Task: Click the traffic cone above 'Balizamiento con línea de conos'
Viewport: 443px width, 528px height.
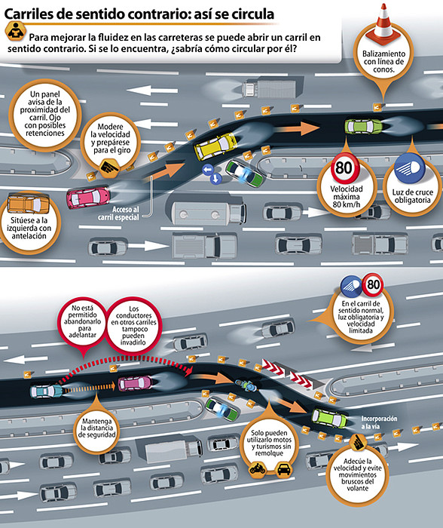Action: (x=383, y=23)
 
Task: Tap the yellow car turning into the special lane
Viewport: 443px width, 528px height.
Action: (x=215, y=146)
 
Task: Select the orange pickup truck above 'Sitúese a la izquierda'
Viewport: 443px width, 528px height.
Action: (x=29, y=204)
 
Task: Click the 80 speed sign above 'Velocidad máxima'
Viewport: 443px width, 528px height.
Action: (x=344, y=167)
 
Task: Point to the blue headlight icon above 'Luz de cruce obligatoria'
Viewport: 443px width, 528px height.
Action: (x=410, y=168)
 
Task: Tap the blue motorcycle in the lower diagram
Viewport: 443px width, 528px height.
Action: (x=246, y=385)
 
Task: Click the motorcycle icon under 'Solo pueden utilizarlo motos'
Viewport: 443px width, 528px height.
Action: (x=258, y=468)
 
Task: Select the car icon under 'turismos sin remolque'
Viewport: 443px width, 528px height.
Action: (x=283, y=468)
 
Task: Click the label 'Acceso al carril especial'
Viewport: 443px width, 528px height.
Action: (x=118, y=213)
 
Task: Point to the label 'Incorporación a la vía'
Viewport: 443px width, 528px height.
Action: (x=379, y=422)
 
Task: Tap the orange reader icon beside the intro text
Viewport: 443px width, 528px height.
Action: (x=16, y=32)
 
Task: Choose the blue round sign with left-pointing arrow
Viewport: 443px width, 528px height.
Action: (x=207, y=170)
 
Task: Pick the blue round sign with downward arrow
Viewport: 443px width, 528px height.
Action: (x=215, y=179)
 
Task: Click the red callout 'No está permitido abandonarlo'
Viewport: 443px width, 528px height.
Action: (x=82, y=321)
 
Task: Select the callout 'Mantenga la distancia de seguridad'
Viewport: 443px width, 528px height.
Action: (x=96, y=428)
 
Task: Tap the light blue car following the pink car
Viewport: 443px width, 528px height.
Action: (x=47, y=391)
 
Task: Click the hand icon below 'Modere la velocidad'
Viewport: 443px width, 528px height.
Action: (x=109, y=167)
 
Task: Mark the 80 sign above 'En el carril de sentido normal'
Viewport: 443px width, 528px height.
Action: (x=373, y=285)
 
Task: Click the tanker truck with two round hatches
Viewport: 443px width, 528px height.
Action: (x=209, y=213)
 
